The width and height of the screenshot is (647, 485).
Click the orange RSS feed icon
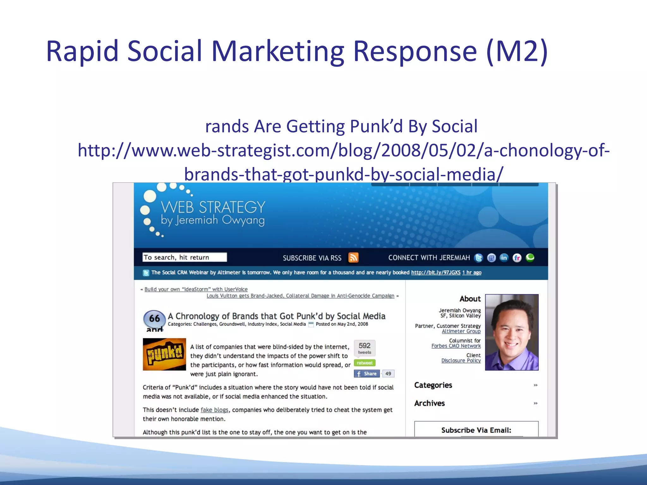tap(353, 258)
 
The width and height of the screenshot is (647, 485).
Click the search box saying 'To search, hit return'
tap(184, 257)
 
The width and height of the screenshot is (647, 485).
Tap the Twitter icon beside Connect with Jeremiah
tap(479, 258)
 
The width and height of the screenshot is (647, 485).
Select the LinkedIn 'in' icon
tap(504, 258)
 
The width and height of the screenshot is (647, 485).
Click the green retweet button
tap(365, 363)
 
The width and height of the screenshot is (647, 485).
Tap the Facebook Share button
tap(367, 374)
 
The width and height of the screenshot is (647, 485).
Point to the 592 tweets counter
tap(365, 348)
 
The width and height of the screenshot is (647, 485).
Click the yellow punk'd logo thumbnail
tap(164, 354)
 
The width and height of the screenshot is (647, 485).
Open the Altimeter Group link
tap(461, 331)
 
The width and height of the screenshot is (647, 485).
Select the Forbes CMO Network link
tap(456, 346)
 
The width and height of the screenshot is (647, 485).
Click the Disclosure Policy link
tap(461, 361)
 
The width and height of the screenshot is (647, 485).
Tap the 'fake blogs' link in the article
tap(214, 410)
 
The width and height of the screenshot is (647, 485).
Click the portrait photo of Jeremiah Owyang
tap(511, 332)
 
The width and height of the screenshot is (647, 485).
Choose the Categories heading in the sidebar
tap(433, 385)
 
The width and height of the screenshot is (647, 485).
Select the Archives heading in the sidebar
tap(429, 403)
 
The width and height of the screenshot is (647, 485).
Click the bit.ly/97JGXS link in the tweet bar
tap(436, 272)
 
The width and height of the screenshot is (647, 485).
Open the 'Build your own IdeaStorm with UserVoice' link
tap(196, 289)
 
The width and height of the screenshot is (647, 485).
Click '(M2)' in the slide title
tap(517, 51)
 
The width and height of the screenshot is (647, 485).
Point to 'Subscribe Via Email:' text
tap(476, 430)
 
